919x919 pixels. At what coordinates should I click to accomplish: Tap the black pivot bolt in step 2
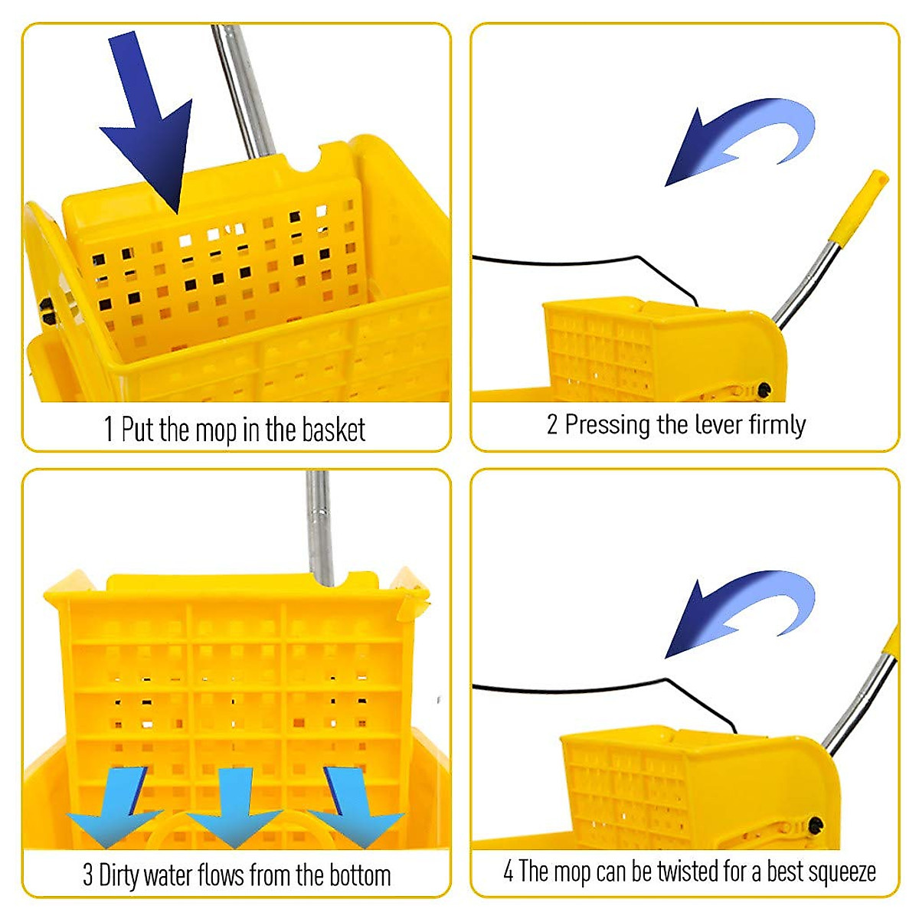click(x=764, y=391)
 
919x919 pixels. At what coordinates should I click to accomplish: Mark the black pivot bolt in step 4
click(x=816, y=826)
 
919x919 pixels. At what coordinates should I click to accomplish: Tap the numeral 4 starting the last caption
click(x=509, y=872)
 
